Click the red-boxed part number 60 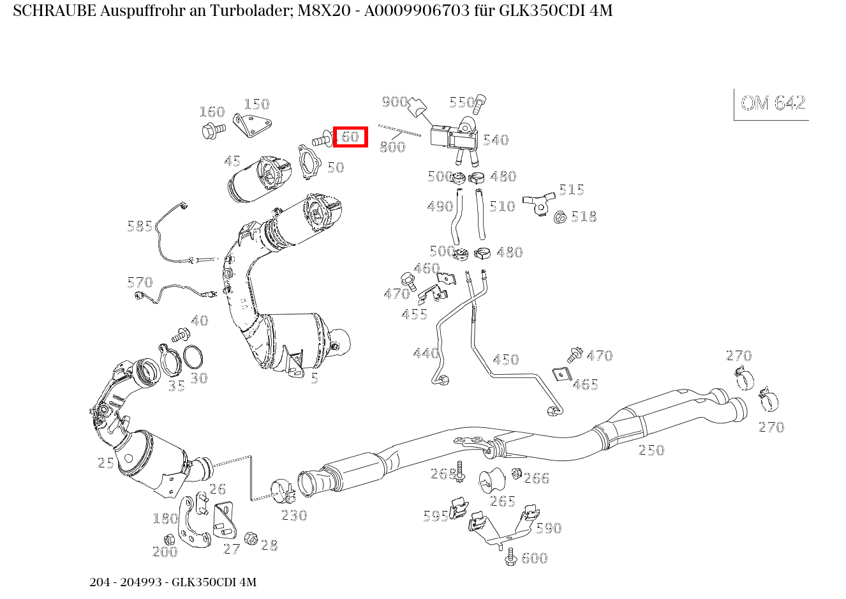pyautogui.click(x=350, y=137)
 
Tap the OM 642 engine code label pyautogui.click(x=773, y=103)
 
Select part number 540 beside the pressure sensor pyautogui.click(x=496, y=140)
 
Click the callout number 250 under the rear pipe pyautogui.click(x=651, y=450)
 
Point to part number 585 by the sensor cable pyautogui.click(x=140, y=226)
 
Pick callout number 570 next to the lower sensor pyautogui.click(x=140, y=282)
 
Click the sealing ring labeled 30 pyautogui.click(x=193, y=358)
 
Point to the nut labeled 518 pyautogui.click(x=561, y=218)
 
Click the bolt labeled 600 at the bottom pyautogui.click(x=510, y=557)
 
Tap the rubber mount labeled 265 pyautogui.click(x=492, y=480)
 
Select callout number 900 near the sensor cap pyautogui.click(x=395, y=102)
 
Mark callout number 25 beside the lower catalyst pyautogui.click(x=106, y=463)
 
